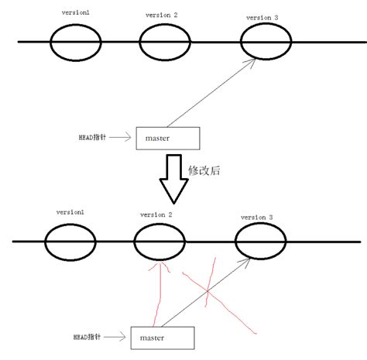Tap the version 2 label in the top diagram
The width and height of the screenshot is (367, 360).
(160, 15)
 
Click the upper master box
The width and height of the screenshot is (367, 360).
(166, 138)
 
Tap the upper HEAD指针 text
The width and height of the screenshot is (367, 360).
(93, 137)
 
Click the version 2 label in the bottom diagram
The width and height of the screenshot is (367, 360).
(156, 215)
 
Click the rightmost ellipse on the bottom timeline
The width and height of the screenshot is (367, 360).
(259, 245)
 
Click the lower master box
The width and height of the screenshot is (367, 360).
(163, 338)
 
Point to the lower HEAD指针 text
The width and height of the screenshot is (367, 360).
(93, 337)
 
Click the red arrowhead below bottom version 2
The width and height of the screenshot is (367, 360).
(160, 269)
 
